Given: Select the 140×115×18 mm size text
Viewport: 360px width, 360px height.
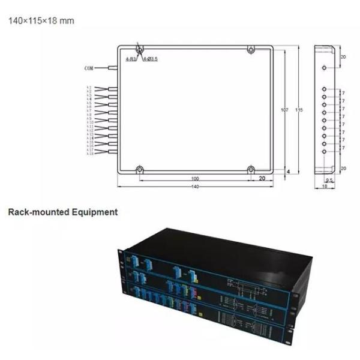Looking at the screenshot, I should coord(41,20).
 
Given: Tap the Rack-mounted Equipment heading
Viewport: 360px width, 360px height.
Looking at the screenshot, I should coord(62,212).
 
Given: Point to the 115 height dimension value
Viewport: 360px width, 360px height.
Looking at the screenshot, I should coord(299,110).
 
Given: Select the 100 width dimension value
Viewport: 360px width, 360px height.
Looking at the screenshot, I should coord(195,179).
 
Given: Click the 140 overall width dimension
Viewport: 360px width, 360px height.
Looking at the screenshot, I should coord(195,187).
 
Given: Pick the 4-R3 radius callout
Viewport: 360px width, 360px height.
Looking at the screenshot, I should coord(130,59).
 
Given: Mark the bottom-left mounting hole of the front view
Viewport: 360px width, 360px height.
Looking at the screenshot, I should coord(139,169).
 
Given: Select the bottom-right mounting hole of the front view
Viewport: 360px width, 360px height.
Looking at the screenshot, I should coord(251,169).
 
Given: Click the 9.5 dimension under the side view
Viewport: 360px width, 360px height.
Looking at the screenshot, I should coord(329,179).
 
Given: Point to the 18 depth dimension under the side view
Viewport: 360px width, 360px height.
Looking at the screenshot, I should coord(325,187).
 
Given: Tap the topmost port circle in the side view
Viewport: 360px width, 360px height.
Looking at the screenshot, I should coord(325,68).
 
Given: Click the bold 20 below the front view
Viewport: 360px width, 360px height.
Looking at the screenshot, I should coord(262,179).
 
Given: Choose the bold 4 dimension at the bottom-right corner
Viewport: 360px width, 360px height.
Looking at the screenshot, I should coord(288,172).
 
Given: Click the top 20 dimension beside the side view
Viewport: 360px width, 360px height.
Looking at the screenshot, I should coord(343,57).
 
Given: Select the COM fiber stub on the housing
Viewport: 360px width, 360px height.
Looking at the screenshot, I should coord(112,68).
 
